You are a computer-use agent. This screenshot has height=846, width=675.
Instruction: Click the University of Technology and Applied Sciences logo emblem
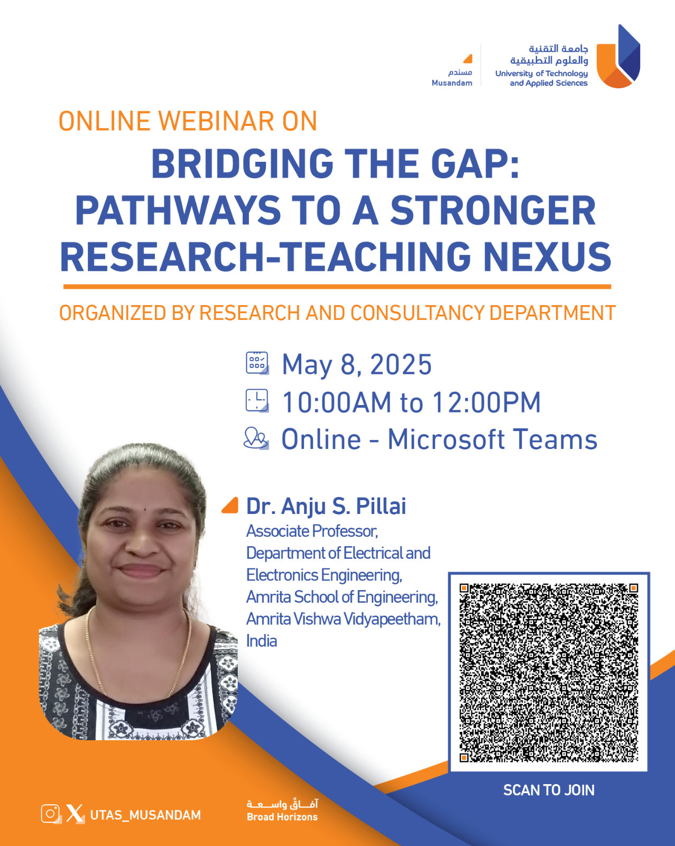pos(618,56)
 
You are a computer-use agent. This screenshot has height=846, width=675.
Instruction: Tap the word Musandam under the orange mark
pos(452,83)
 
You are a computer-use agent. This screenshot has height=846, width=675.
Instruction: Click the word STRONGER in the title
pos(493,210)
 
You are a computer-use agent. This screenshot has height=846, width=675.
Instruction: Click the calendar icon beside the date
pos(257,363)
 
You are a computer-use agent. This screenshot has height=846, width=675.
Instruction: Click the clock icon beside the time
pos(257,401)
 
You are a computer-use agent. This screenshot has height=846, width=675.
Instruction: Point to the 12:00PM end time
pos(486,402)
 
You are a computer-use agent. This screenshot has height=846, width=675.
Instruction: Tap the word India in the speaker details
pos(262,641)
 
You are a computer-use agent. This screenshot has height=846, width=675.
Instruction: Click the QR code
pos(549,673)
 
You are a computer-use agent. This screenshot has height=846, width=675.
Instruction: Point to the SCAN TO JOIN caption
pos(549,790)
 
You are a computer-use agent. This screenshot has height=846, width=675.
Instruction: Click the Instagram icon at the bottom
pos(51,813)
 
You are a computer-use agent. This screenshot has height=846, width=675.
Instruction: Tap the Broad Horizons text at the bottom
pos(282,817)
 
